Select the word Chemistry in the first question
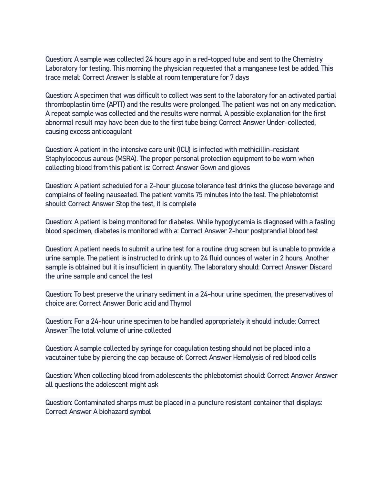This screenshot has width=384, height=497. (308, 59)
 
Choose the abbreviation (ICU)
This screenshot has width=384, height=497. (183, 150)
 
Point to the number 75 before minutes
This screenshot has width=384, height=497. (199, 195)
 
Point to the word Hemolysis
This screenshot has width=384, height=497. (247, 358)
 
